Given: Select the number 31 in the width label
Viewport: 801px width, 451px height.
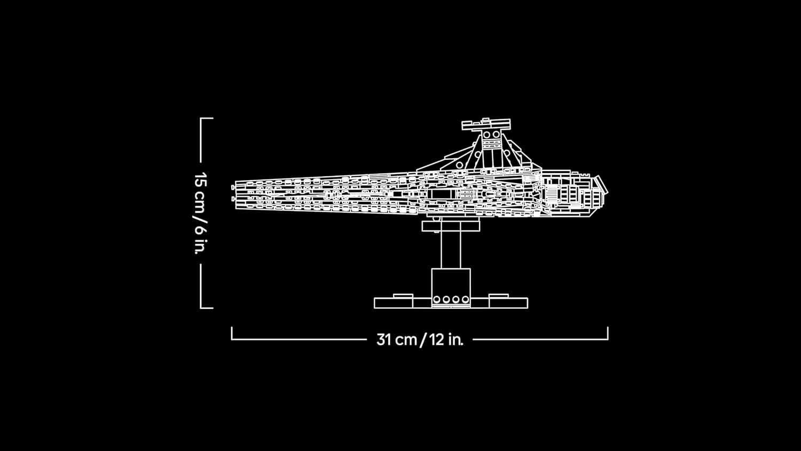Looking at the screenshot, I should click(384, 339).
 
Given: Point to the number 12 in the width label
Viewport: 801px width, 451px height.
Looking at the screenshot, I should click(436, 339).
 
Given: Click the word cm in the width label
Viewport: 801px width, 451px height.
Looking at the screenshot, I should click(406, 340).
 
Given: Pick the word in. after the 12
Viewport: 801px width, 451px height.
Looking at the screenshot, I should click(456, 339).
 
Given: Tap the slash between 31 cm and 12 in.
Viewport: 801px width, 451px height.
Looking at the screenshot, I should click(422, 340).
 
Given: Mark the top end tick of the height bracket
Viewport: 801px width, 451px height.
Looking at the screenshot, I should click(207, 118).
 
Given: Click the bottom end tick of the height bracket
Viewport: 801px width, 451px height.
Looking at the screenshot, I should click(207, 308).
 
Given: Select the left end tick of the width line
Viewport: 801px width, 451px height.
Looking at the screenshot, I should click(232, 333).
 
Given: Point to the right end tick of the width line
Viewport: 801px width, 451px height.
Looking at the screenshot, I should click(608, 333).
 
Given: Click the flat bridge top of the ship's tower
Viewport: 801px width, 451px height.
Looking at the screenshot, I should click(486, 125).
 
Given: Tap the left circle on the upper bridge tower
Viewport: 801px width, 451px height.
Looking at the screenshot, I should click(488, 135).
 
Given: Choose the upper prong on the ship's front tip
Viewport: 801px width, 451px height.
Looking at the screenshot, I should click(234, 187).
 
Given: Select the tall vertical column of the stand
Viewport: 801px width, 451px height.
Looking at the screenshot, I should click(451, 250).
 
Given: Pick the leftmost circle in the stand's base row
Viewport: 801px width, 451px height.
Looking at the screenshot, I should click(437, 300).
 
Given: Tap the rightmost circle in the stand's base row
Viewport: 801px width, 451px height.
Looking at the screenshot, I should click(466, 300).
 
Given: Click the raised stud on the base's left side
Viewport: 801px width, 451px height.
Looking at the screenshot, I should click(403, 296).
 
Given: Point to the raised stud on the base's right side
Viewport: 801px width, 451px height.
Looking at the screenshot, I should click(498, 296).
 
